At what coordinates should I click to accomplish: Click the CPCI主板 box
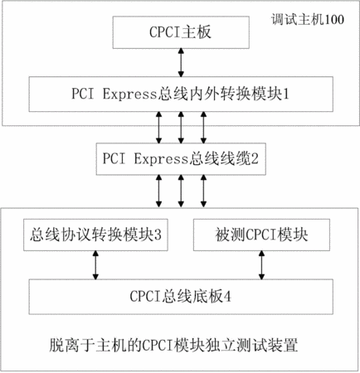[x=181, y=32]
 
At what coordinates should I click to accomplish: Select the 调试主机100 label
[x=308, y=20]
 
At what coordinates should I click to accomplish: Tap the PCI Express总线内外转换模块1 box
[x=181, y=94]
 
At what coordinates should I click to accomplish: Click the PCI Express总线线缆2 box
[x=181, y=159]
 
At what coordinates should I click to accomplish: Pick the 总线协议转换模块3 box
[x=95, y=235]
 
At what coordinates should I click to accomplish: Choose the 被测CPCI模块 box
[x=261, y=235]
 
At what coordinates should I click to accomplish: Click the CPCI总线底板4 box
[x=181, y=297]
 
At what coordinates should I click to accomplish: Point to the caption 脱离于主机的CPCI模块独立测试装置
[x=173, y=345]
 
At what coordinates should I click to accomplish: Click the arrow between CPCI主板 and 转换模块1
[x=181, y=63]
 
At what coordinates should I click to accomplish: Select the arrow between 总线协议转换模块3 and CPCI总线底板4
[x=95, y=265]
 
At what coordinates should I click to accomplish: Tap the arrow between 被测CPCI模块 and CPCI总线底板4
[x=261, y=265]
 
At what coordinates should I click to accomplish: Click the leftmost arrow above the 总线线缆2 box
[x=158, y=128]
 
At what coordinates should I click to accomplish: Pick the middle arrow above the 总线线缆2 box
[x=181, y=128]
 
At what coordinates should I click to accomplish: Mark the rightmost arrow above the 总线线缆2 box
[x=203, y=128]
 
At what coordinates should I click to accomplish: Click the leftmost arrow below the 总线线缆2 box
[x=158, y=191]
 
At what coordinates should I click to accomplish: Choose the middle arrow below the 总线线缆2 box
[x=181, y=191]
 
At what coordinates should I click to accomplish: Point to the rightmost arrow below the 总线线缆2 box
[x=203, y=191]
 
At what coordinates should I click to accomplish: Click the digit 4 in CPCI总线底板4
[x=227, y=297]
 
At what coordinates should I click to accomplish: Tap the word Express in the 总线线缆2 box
[x=161, y=159]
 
